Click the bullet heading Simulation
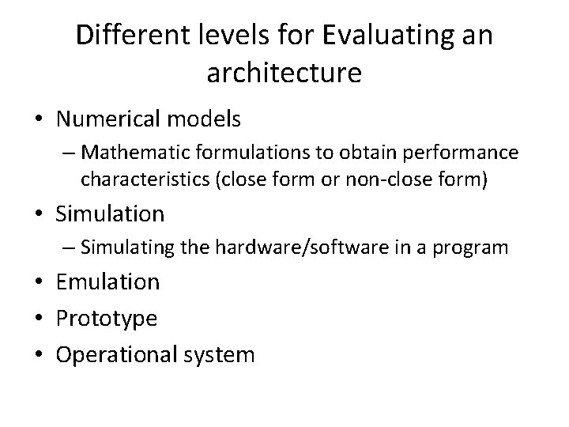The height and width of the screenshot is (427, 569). (x=111, y=213)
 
